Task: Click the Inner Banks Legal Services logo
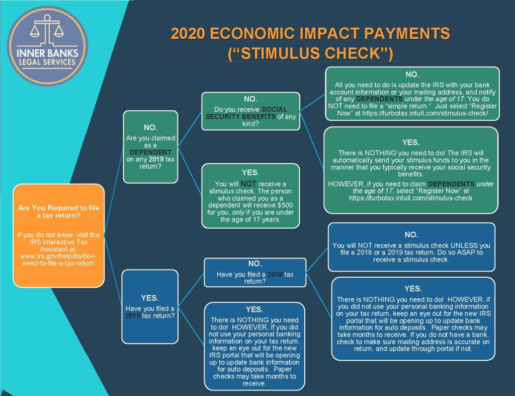tap(48, 45)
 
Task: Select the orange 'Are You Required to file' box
tap(59, 235)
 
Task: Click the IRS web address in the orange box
tap(58, 259)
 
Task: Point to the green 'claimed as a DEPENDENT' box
tap(150, 147)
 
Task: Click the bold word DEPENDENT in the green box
tap(150, 152)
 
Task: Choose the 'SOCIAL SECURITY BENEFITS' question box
tap(250, 111)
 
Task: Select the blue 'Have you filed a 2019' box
tap(150, 306)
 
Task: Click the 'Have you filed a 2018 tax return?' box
tap(255, 273)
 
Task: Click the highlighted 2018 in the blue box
tap(275, 274)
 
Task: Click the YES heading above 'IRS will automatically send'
tap(411, 143)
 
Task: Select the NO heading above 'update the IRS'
tap(412, 75)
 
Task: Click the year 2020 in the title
tap(188, 33)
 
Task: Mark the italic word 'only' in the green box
tap(238, 213)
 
